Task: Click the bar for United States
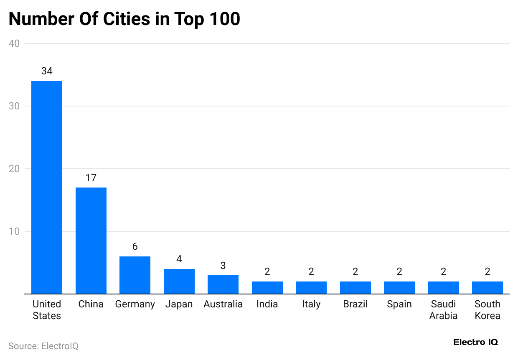(x=47, y=187)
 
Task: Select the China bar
(x=91, y=241)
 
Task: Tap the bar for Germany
(x=135, y=275)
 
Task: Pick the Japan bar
(x=179, y=281)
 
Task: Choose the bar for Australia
(x=223, y=284)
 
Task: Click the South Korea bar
(x=488, y=287)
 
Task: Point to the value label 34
(x=47, y=71)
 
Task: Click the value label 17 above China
(x=91, y=178)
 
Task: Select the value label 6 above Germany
(x=135, y=246)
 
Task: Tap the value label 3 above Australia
(x=223, y=266)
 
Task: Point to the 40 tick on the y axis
(x=15, y=43)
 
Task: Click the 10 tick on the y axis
(x=15, y=231)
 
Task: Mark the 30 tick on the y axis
(x=15, y=106)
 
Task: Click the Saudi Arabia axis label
(x=443, y=310)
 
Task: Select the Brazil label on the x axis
(x=355, y=304)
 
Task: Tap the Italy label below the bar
(x=311, y=304)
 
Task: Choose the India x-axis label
(x=267, y=304)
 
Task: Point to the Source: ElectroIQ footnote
(x=43, y=346)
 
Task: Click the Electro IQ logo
(x=475, y=342)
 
